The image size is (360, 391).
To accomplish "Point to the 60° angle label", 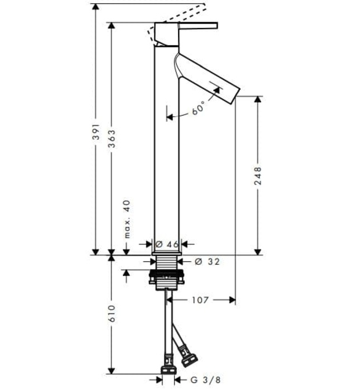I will coord(198,108).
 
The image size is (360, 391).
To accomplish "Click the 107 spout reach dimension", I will coord(200,300).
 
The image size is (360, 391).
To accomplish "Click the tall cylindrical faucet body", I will coord(166,156).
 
